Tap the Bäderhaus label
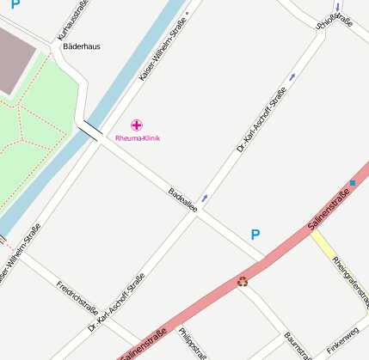(82, 46)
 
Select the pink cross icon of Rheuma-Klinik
(137, 125)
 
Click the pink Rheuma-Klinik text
(138, 138)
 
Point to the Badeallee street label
(183, 198)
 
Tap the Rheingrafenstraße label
(349, 282)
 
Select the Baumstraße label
(301, 346)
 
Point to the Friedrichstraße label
(77, 297)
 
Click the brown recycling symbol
(243, 281)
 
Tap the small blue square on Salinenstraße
(353, 183)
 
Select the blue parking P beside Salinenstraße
(255, 235)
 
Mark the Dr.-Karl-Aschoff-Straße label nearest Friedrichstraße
(116, 302)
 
